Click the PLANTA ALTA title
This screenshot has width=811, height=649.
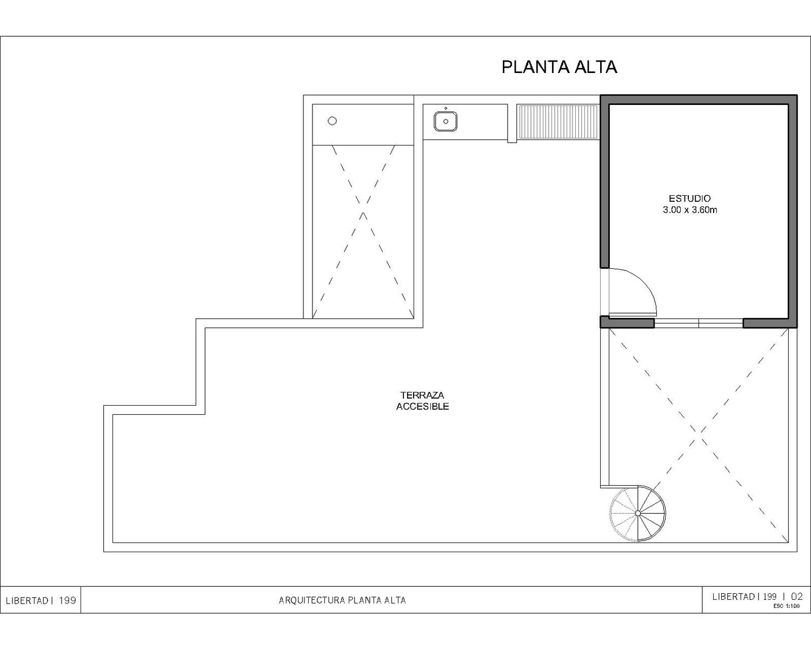559,67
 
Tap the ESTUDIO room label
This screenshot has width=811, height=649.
690,198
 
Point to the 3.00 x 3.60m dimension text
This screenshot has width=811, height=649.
690,210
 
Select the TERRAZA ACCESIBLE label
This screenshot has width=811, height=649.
422,400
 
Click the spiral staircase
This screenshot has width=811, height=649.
637,513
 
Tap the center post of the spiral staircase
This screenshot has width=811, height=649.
637,513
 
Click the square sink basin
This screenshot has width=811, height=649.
446,122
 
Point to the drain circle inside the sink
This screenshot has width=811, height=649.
446,122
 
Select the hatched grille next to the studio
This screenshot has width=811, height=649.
557,122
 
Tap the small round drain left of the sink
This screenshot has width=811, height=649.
332,121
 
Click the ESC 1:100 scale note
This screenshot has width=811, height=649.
786,606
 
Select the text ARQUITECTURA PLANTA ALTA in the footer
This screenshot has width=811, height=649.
342,600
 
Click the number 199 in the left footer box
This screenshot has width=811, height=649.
68,600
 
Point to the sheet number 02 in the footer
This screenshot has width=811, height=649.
797,596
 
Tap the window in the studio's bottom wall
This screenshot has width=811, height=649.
699,323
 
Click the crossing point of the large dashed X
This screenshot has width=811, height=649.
699,435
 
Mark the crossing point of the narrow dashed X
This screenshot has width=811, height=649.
363,208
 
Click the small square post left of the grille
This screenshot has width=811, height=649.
512,141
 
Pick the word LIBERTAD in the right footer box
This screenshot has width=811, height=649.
733,597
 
